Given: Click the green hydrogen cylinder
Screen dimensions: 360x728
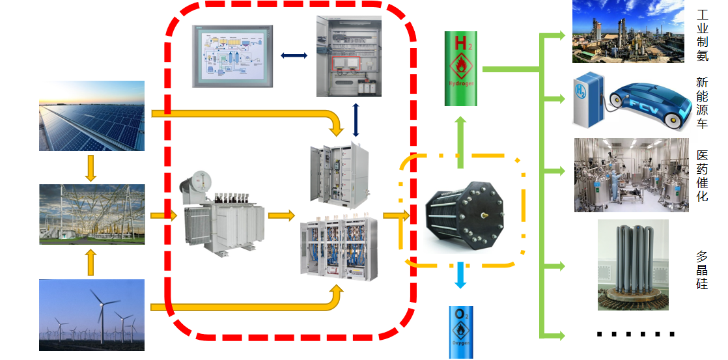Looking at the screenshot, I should tap(460, 69).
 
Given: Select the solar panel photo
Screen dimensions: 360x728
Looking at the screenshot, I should tap(91, 116).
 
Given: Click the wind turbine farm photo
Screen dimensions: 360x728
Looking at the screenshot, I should tap(91, 315).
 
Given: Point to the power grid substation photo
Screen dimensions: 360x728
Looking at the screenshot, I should tap(91, 214).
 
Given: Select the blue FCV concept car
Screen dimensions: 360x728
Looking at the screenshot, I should tap(645, 103).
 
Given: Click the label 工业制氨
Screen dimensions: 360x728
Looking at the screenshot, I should tap(703, 35).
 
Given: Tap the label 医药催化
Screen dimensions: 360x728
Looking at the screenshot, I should tap(703, 175).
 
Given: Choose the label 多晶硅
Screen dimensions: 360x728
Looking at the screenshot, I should tap(703, 270).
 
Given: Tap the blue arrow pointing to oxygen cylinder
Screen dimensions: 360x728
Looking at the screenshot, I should tap(460, 275).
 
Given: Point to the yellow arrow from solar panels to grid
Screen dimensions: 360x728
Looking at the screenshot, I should tap(91, 167).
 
